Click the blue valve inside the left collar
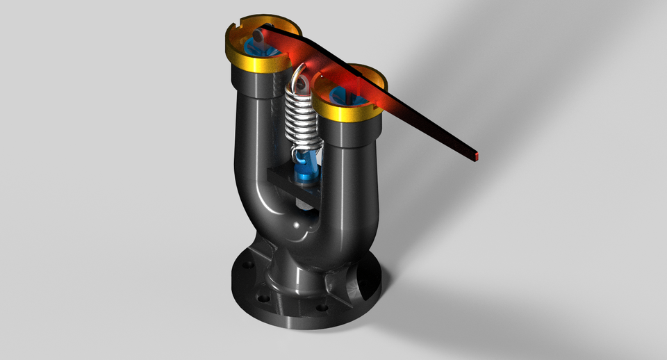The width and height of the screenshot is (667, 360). [x=257, y=49]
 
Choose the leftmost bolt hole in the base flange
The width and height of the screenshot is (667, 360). [x=245, y=265]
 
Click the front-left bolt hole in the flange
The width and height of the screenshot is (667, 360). [x=263, y=299]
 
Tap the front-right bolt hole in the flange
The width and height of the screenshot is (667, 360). [x=320, y=308]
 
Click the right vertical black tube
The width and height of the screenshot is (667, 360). [x=351, y=174]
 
